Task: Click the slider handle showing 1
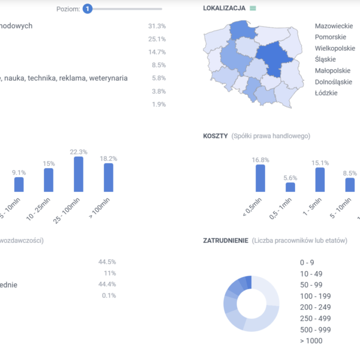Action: click(x=88, y=9)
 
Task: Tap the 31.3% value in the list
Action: click(x=157, y=26)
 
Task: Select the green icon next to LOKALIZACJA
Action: click(x=253, y=8)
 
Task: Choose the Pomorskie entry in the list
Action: click(x=331, y=37)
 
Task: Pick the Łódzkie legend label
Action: click(x=326, y=93)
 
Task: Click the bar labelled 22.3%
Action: click(x=79, y=174)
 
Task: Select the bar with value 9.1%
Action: click(x=19, y=184)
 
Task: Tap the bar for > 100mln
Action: click(x=109, y=177)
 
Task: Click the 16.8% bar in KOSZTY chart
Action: click(x=260, y=178)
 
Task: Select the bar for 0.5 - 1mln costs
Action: click(x=290, y=187)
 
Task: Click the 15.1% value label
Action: click(x=320, y=163)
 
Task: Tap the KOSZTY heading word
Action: click(x=215, y=136)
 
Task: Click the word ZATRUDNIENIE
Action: click(x=226, y=241)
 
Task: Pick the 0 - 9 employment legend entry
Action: click(x=307, y=262)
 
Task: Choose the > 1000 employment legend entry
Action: click(x=311, y=341)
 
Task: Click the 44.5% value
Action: click(x=107, y=262)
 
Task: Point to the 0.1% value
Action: click(x=109, y=296)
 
